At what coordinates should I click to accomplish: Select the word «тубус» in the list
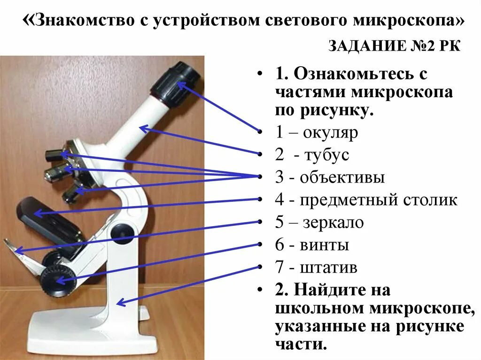click(x=326, y=155)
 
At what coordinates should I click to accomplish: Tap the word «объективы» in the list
click(x=342, y=177)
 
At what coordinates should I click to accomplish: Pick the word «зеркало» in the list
click(x=334, y=222)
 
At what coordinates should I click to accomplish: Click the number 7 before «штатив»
click(x=279, y=268)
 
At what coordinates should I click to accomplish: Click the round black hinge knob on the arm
click(x=122, y=231)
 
